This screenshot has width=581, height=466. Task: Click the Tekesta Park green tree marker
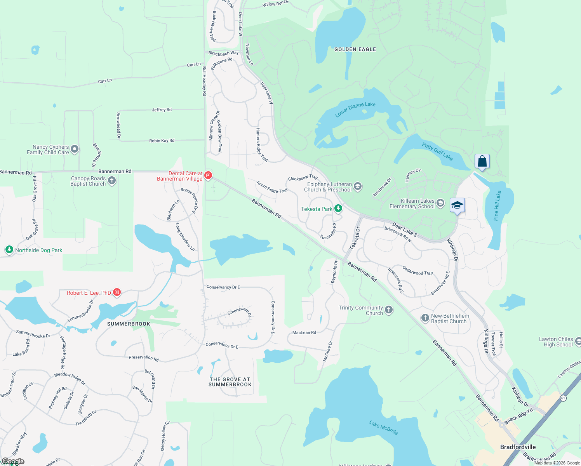tap(338, 209)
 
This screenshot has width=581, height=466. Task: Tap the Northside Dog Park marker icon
tap(9, 250)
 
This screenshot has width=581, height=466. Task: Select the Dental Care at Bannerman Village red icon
tap(208, 176)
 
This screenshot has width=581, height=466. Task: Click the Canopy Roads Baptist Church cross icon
tap(112, 180)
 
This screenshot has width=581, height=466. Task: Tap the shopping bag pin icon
tap(482, 161)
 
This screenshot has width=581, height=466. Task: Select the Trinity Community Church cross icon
tap(389, 310)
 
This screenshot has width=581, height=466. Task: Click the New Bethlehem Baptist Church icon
tap(425, 318)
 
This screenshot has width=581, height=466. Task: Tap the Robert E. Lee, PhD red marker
tap(117, 292)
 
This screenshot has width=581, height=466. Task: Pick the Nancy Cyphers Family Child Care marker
tap(75, 149)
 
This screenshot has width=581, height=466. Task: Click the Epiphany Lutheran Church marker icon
tap(358, 186)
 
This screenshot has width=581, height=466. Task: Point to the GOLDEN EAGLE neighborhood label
tap(355, 49)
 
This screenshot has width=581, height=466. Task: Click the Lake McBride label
tap(383, 428)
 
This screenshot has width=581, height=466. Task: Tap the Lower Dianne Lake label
tap(355, 109)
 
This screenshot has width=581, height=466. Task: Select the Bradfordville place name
tap(518, 447)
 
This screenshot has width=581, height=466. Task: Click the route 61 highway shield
tap(563, 398)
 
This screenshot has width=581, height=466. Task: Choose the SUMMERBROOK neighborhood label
tap(129, 324)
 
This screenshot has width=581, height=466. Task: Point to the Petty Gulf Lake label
tap(437, 151)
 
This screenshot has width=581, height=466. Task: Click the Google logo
tap(13, 461)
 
